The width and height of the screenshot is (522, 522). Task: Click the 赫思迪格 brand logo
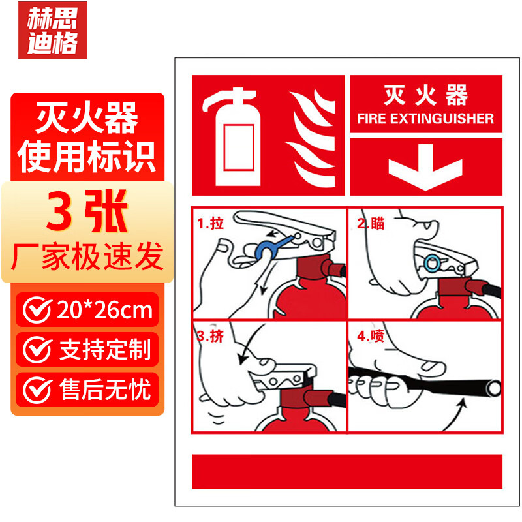point(53,30)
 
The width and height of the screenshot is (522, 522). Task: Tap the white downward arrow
point(425,167)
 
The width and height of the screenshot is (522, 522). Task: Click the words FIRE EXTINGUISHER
point(425,119)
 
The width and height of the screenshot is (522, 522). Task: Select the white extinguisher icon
point(233,136)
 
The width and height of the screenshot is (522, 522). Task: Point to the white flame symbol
point(311,138)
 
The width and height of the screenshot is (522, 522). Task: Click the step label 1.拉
point(210,223)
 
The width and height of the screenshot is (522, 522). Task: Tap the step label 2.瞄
point(371,223)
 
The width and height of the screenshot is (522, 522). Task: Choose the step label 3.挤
point(210,336)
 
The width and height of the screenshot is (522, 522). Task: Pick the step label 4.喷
point(371,336)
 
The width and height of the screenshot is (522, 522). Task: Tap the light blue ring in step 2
point(432,264)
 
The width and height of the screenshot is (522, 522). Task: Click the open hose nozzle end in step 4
point(493,388)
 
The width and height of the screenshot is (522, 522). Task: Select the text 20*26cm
point(104,311)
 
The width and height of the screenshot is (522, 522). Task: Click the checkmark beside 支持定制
point(37,350)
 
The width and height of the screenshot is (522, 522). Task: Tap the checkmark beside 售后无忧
point(37,390)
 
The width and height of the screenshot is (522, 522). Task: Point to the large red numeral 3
point(59,211)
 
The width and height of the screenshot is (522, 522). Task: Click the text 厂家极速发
point(87,256)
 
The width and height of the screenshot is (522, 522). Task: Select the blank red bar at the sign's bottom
point(347,471)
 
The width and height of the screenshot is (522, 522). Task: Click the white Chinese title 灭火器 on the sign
point(426,95)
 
